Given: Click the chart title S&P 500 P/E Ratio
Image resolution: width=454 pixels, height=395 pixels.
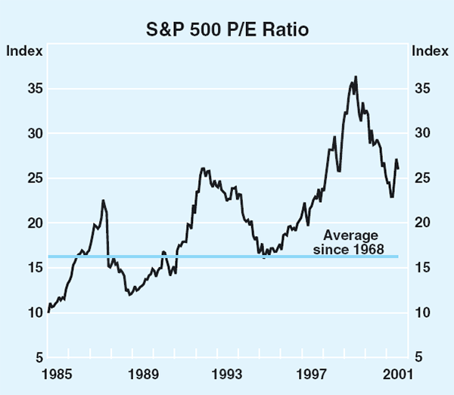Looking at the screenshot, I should (x=228, y=31).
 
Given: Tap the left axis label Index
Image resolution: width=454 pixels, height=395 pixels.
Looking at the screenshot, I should (x=20, y=51).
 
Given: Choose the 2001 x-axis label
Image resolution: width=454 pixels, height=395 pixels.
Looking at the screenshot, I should (x=398, y=373).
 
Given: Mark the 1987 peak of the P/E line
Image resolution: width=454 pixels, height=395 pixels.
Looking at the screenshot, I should (x=103, y=201).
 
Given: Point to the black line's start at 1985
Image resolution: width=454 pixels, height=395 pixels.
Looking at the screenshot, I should (x=48, y=311).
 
